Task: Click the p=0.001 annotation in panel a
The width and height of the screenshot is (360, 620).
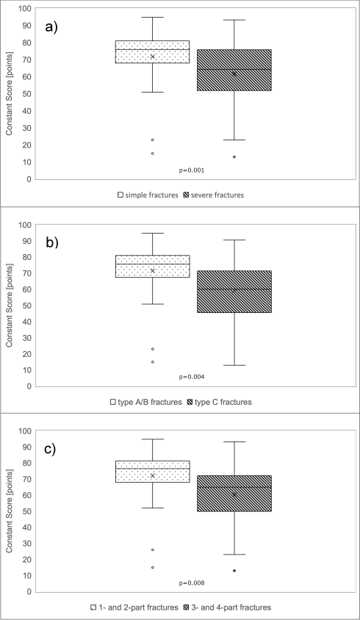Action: pos(192,170)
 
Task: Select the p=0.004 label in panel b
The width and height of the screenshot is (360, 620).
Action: pos(192,377)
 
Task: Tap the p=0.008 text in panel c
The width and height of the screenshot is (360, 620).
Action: pos(192,583)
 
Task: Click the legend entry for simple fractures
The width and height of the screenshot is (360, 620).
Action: pos(148,195)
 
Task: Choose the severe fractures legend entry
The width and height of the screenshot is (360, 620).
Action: pos(214,195)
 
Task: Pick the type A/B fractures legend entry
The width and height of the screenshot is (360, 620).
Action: pos(146,402)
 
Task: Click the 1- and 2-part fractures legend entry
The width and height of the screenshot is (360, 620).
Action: pos(135,608)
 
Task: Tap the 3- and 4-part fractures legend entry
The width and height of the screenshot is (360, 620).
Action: pos(228,608)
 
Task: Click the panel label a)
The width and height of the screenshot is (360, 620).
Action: pos(51,27)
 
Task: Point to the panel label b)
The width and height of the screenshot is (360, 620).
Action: pos(52,242)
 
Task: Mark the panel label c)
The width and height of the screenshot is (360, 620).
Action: pos(50,450)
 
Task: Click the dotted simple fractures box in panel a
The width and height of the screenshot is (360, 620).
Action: pos(152,52)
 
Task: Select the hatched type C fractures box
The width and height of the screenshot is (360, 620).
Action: pos(234,292)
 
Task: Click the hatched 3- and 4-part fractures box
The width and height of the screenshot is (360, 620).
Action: pos(234,494)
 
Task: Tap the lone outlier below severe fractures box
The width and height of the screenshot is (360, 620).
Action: pos(234,157)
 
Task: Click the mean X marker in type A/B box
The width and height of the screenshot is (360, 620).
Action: pos(152,270)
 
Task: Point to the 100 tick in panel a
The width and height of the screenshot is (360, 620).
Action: pos(25,8)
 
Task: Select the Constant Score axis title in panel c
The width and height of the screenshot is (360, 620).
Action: pos(9,511)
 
